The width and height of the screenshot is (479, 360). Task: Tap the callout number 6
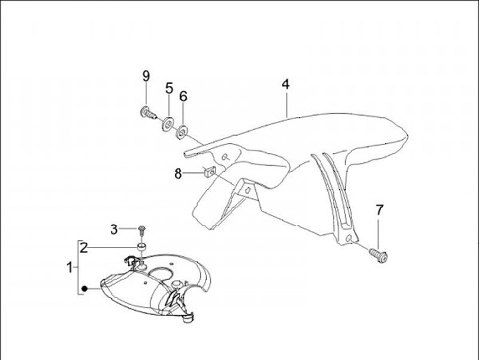click(183, 96)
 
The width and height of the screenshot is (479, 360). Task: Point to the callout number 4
click(285, 85)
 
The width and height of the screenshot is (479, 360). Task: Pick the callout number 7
click(380, 210)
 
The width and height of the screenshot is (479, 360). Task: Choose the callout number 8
click(178, 174)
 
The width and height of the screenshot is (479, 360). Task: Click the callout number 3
click(114, 230)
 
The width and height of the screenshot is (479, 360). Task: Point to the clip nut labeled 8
click(208, 172)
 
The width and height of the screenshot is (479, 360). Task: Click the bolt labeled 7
click(379, 254)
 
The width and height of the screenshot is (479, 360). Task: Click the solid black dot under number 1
click(85, 289)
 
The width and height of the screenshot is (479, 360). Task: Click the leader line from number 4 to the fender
click(287, 104)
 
